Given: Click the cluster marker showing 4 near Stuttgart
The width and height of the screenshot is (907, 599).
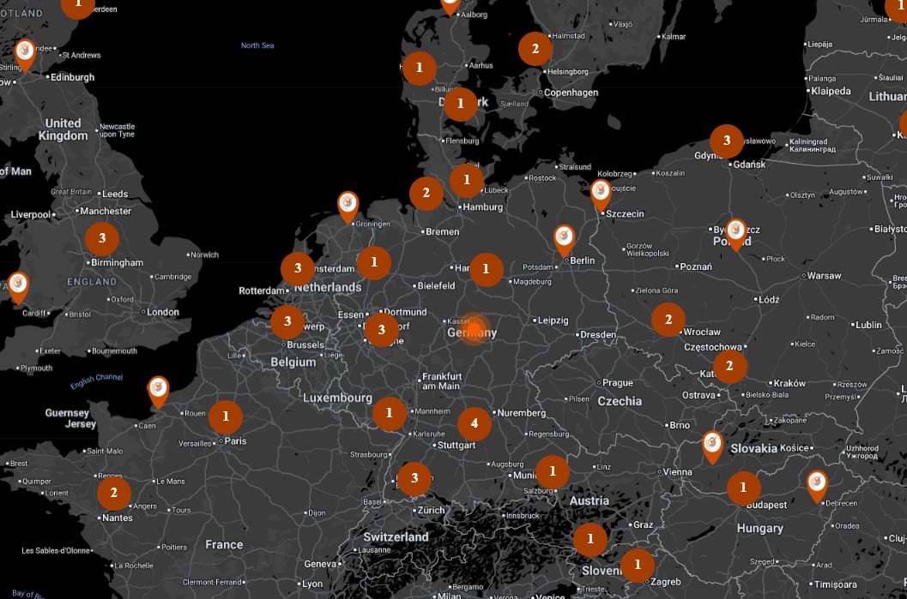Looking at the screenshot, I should pos(474,423).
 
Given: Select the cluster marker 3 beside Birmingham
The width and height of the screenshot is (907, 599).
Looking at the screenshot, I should pos(102,238).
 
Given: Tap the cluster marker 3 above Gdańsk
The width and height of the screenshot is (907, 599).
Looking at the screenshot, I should pos(727,141).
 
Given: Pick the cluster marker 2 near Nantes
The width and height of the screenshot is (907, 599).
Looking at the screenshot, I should pos(113,493).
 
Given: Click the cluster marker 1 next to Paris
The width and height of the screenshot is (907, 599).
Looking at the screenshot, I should pos(226,417).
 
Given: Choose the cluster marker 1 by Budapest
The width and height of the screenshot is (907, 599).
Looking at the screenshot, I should pos(743,488).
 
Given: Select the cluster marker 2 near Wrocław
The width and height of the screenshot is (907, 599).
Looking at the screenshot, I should pos(668,320).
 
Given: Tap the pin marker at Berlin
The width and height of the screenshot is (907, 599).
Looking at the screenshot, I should pos(564,237).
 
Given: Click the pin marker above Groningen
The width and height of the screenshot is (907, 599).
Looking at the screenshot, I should pos(348,205).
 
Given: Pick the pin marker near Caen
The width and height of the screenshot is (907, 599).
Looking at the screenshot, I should pos(158,390).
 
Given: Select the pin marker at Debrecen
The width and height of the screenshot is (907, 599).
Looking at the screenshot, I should pos(817,483).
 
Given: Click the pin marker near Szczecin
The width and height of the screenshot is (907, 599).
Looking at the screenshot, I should pos(601,192).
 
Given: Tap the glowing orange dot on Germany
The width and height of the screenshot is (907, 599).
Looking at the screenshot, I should pos(474,329).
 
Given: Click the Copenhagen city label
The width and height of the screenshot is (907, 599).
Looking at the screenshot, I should pos(571,93).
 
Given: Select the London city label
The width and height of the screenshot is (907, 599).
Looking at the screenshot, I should pos(163,312).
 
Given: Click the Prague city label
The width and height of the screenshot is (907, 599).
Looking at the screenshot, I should pos(617,383).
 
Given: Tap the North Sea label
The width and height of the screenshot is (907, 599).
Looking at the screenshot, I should pos(257,45).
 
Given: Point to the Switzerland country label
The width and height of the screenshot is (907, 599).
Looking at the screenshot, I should pos(396,537).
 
